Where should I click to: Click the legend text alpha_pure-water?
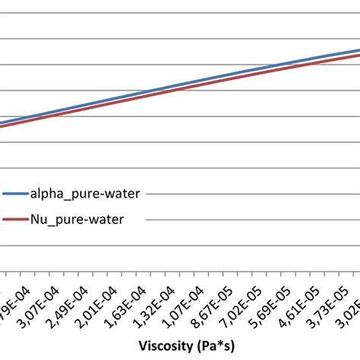(x=84, y=194)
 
